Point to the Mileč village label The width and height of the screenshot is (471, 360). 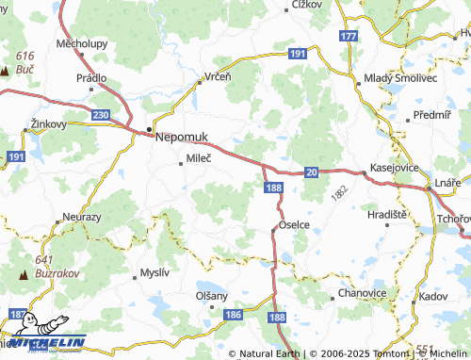pyautogui.click(x=199, y=159)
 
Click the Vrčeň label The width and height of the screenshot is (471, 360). pyautogui.click(x=218, y=76)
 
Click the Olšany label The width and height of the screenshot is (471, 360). pyautogui.click(x=211, y=295)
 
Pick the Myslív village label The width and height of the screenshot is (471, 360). pyautogui.click(x=154, y=272)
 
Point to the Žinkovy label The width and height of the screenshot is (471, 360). pyautogui.click(x=49, y=123)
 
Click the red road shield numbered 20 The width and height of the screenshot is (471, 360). pyautogui.click(x=311, y=172)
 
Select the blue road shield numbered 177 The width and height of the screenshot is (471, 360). pyautogui.click(x=349, y=36)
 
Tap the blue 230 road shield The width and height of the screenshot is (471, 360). pyautogui.click(x=101, y=114)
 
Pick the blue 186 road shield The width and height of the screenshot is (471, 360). pyautogui.click(x=235, y=313)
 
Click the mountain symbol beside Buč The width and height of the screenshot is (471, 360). pyautogui.click(x=5, y=71)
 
